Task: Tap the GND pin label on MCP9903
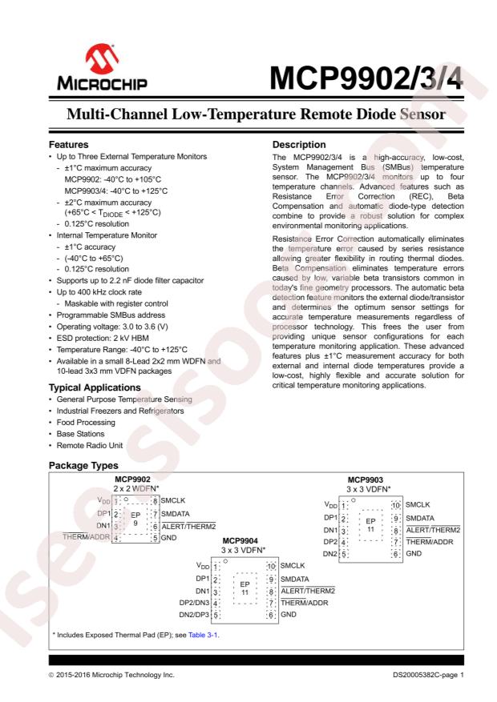pos(414,554)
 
